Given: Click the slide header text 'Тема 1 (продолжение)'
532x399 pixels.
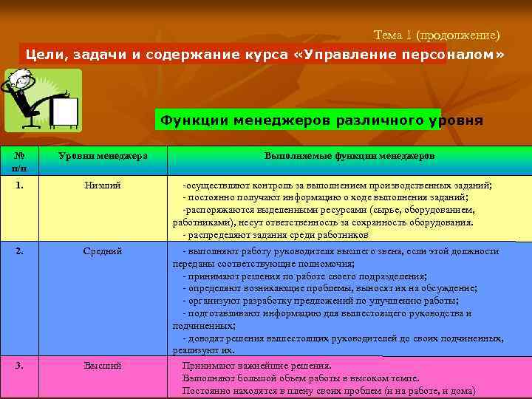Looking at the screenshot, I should pos(437,35).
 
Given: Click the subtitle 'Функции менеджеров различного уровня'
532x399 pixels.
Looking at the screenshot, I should pos(322,120).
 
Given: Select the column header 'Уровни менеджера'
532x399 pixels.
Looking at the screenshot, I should pos(103,156).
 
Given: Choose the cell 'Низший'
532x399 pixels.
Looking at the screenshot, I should pos(103,185).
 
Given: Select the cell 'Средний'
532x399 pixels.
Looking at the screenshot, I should pos(103,251).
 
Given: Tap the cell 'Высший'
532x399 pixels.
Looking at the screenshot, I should pos(103,365).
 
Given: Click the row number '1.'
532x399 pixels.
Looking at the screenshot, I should pos(20,185).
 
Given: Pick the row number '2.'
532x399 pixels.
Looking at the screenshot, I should pos(20,251).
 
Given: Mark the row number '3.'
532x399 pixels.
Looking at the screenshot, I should pos(20,365).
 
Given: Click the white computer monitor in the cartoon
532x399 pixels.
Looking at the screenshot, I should pos(64,112).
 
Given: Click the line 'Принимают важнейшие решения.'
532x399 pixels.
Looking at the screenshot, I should pos(257,366).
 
